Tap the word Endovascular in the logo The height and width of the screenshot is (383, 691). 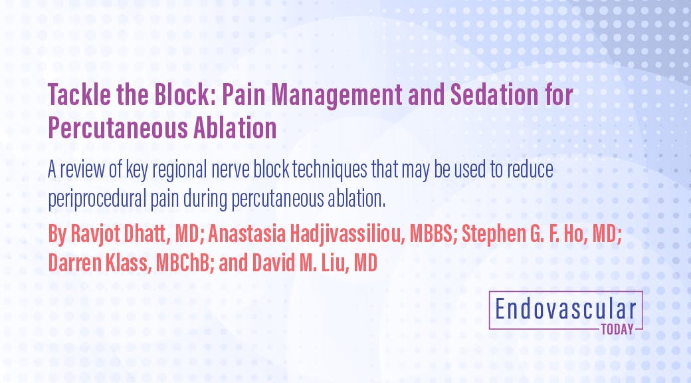pyautogui.click(x=565, y=310)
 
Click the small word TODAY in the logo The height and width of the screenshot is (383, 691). pyautogui.click(x=616, y=328)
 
